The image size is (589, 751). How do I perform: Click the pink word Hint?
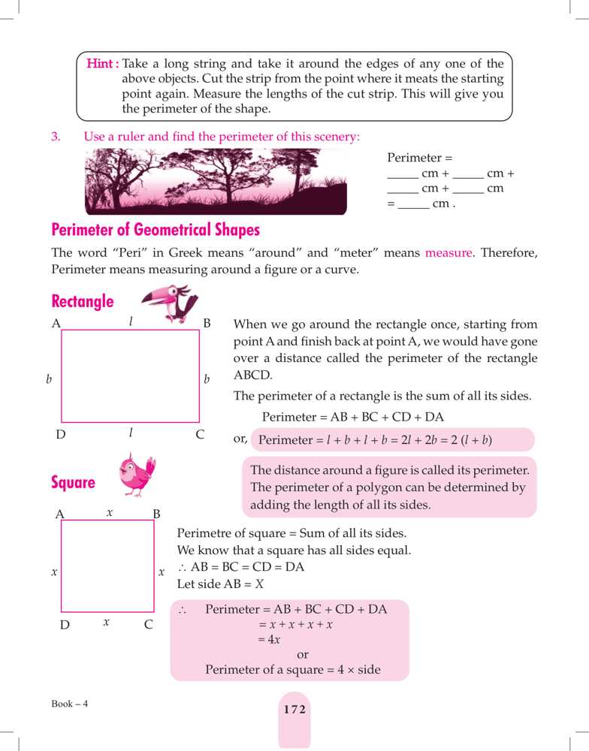point(102,64)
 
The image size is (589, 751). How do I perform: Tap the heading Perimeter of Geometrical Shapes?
point(155,229)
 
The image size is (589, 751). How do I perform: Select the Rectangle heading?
point(83,302)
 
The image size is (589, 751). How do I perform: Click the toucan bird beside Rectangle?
point(171,303)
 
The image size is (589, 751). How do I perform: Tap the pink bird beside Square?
point(137,475)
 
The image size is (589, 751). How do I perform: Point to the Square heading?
point(74,483)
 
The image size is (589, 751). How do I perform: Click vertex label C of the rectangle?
point(200,435)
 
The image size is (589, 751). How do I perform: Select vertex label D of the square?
point(65,624)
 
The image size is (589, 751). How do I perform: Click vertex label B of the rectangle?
point(207,324)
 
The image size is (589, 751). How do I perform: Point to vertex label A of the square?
point(60,514)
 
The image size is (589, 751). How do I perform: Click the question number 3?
point(55,137)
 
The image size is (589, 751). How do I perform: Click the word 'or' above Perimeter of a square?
point(303,655)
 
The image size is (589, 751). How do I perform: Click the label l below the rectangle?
point(131,433)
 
